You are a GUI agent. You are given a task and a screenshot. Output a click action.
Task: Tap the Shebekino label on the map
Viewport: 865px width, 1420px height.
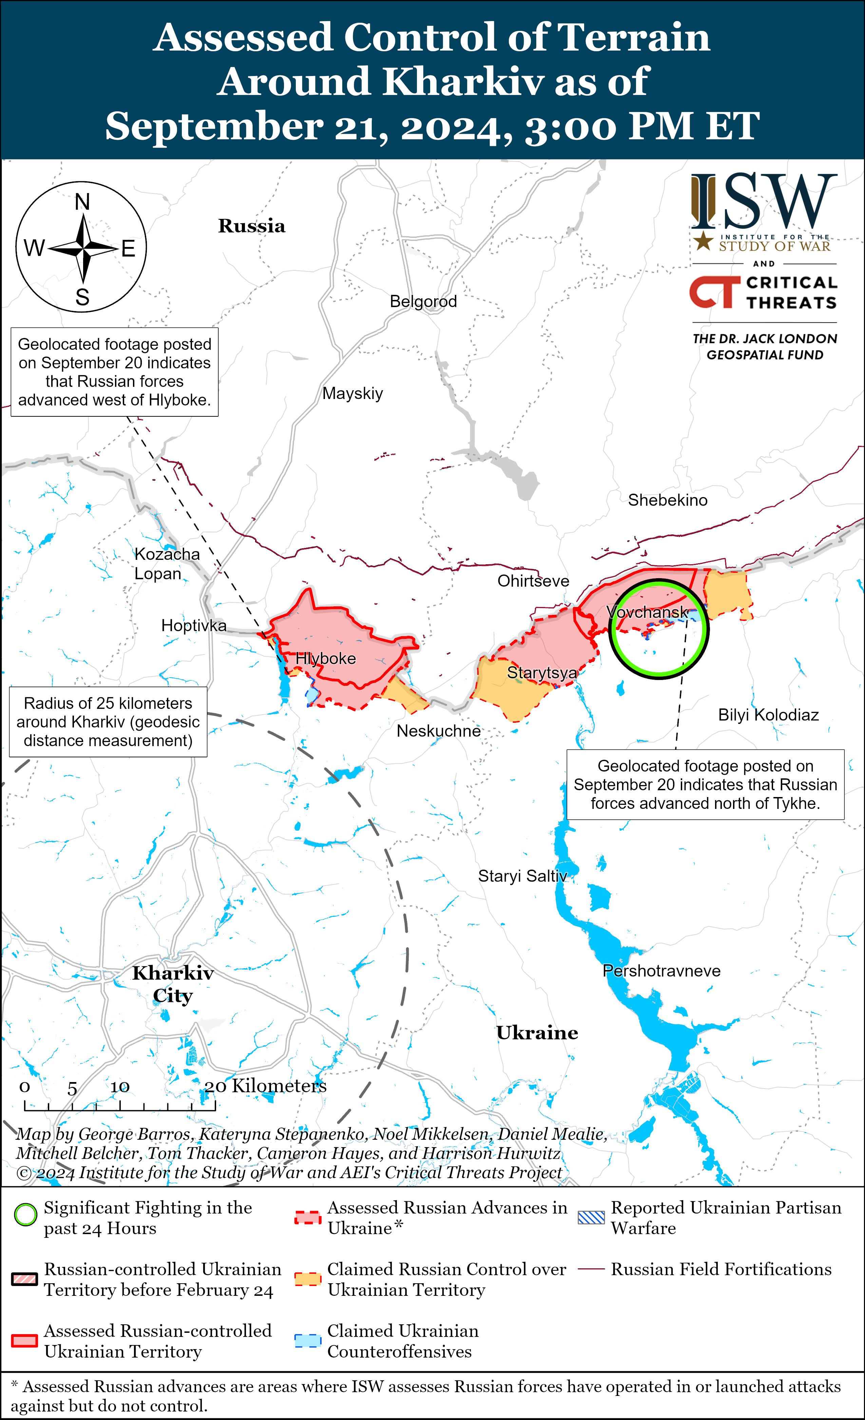tap(667, 500)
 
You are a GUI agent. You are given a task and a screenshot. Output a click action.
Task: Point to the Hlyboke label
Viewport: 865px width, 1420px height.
tap(326, 658)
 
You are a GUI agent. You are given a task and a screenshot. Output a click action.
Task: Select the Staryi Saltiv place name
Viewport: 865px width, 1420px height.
tap(522, 876)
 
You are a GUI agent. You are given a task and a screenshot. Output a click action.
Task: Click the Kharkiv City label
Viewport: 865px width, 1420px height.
tap(173, 984)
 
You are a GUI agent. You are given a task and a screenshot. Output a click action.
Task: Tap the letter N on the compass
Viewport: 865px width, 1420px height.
tap(82, 202)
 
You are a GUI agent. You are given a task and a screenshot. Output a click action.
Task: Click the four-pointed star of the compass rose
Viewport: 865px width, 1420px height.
tap(83, 248)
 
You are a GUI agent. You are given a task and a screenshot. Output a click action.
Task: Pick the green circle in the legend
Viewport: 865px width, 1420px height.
tap(25, 1214)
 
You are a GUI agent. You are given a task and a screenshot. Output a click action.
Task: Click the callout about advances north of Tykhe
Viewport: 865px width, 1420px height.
tap(705, 784)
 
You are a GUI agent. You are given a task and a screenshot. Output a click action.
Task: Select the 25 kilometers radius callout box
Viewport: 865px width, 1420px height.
tap(108, 721)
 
